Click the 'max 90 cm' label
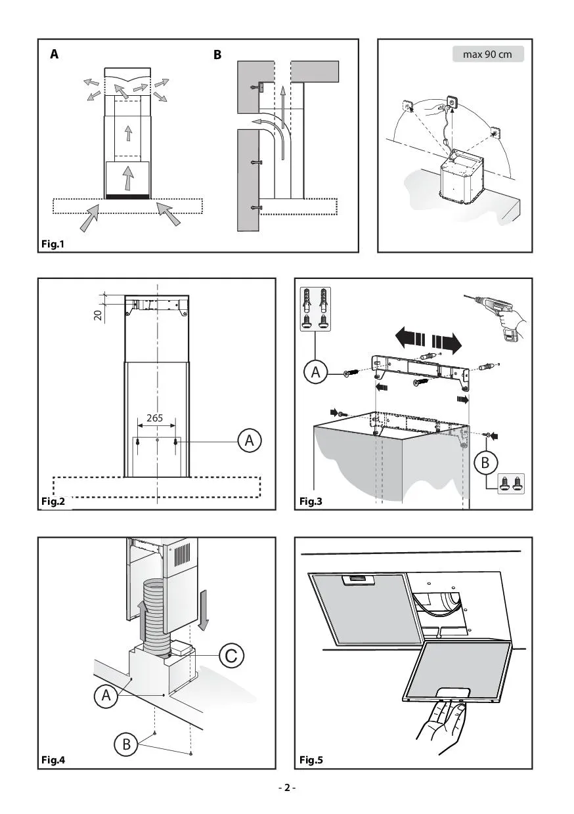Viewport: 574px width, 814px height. (x=487, y=54)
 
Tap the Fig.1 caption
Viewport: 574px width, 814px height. (x=53, y=244)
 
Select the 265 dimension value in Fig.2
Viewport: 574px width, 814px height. (x=155, y=418)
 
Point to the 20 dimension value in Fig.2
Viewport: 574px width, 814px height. (x=98, y=314)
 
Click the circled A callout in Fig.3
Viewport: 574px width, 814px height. (x=316, y=373)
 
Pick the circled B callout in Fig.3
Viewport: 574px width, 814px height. (x=485, y=462)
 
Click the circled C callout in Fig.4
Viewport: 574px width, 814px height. (x=231, y=654)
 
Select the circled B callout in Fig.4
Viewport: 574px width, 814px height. (x=125, y=744)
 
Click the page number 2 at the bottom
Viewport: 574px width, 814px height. (x=286, y=788)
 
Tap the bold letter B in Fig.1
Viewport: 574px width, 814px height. (x=217, y=55)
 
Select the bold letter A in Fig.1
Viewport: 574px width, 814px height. (x=54, y=55)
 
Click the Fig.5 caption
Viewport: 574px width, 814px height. (x=311, y=760)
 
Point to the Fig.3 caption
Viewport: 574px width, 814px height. (x=311, y=502)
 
